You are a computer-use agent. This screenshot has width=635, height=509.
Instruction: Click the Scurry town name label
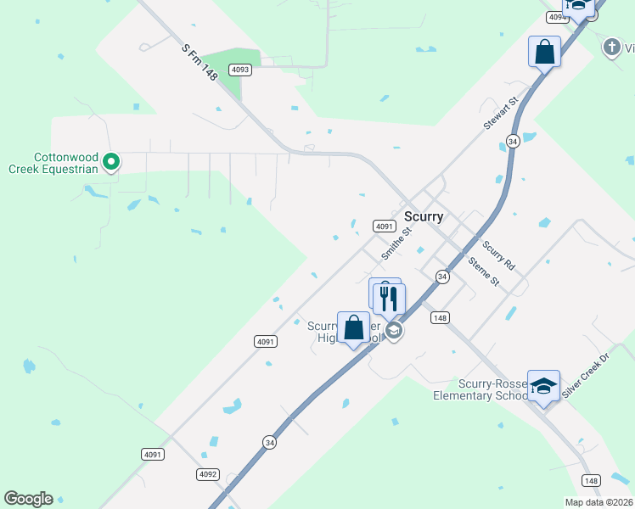pos(424,216)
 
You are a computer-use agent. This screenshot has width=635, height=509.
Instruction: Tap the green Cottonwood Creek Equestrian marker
pos(110,160)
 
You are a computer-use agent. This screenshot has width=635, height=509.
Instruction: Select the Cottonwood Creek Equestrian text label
pos(66,163)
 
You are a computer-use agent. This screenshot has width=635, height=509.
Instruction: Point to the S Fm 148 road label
pos(199,62)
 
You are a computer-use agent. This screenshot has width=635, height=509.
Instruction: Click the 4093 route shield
pos(240,70)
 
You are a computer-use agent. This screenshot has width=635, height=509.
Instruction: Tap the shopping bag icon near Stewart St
pos(544,52)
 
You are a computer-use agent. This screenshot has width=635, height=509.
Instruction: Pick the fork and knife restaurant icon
pos(389,299)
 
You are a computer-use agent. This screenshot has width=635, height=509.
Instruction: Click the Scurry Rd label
pos(498,256)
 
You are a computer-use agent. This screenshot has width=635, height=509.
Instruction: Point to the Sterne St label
pos(483,271)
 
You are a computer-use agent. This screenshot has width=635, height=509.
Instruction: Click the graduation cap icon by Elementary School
pos(543,386)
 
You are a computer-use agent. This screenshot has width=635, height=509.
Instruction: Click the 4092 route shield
pos(208,474)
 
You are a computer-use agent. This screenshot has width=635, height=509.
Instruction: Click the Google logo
pos(28,499)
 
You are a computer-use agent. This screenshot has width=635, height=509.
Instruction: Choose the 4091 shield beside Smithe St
pos(385,226)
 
